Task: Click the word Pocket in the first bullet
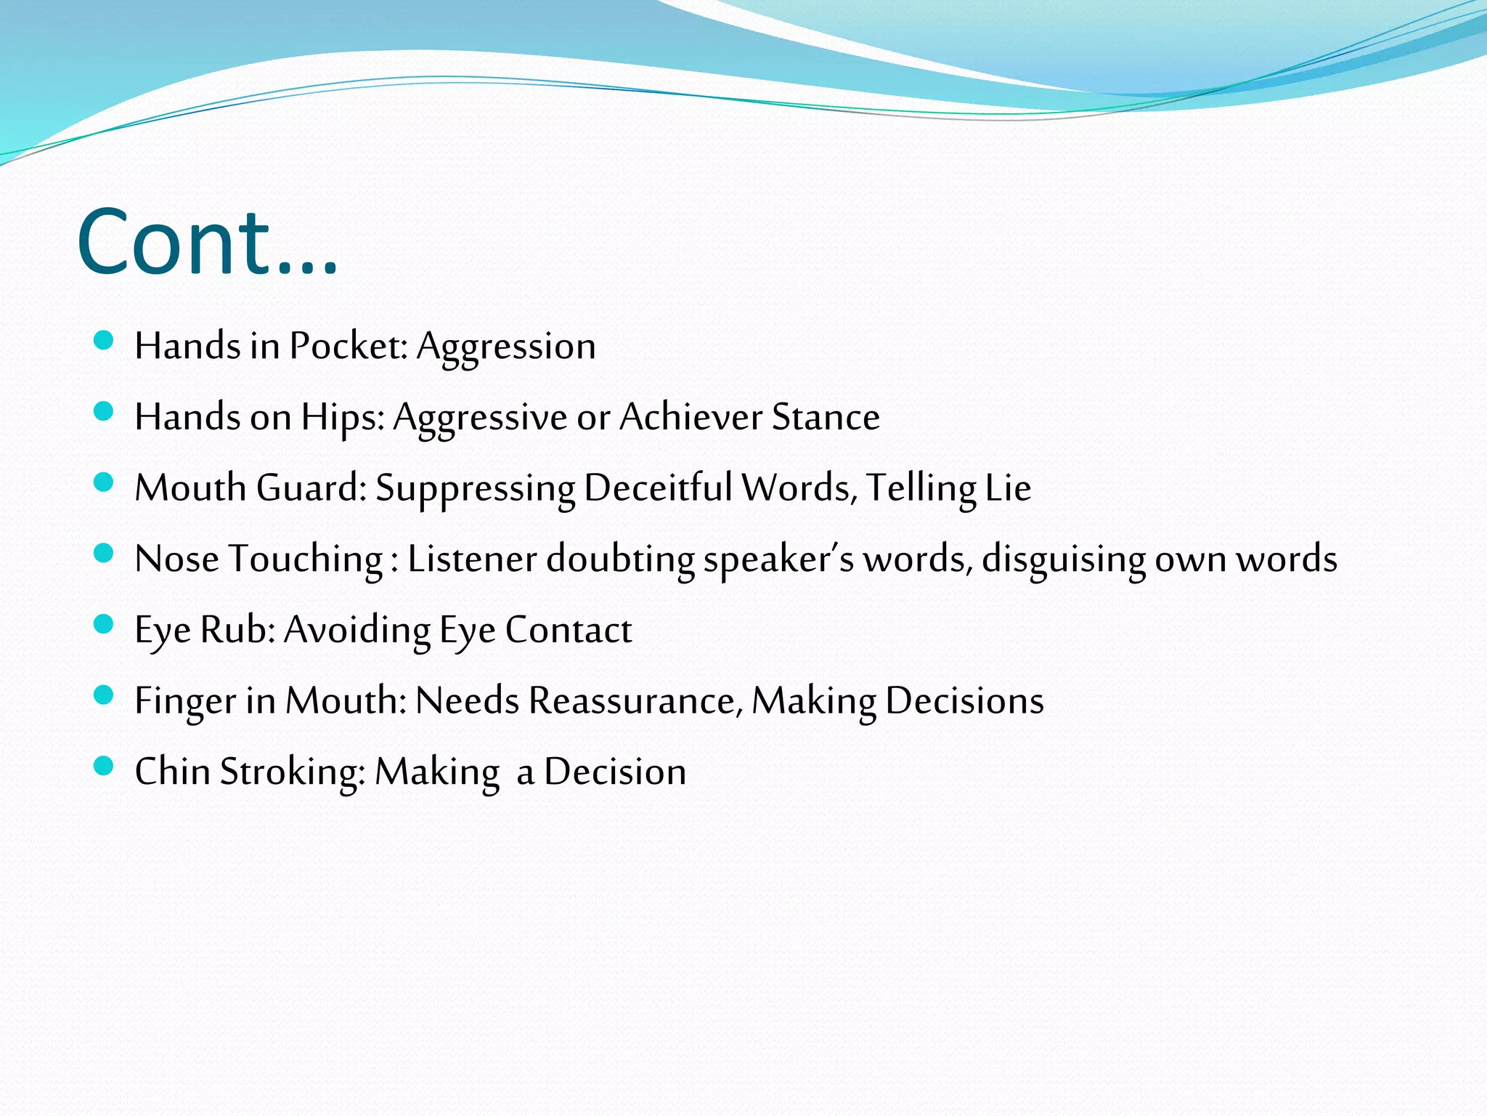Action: point(348,346)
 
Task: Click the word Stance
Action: point(826,417)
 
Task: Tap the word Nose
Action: point(176,559)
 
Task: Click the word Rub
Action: point(237,629)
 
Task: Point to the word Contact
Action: point(569,630)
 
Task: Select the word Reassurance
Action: point(635,700)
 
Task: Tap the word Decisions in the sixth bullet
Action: point(964,700)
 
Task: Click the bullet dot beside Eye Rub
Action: point(104,625)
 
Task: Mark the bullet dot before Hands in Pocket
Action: point(104,341)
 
